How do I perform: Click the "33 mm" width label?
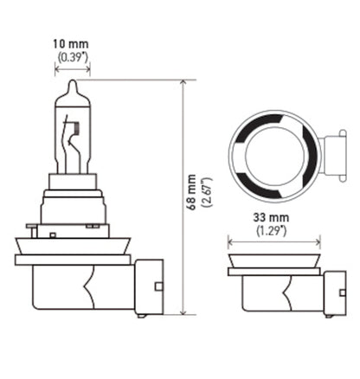click(273, 219)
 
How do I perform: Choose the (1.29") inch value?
click(273, 233)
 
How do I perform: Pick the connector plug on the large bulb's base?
click(149, 286)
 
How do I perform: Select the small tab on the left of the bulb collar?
click(32, 229)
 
